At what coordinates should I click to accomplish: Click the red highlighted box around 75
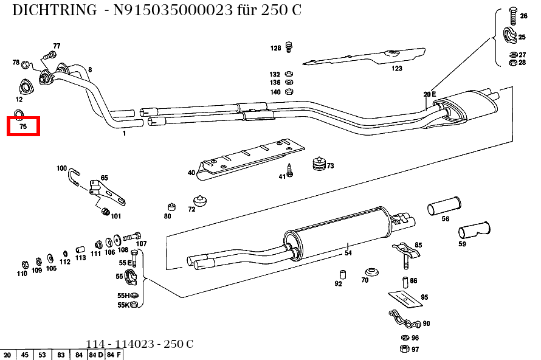23,126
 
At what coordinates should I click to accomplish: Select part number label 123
397,69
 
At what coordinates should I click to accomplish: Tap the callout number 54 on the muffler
348,252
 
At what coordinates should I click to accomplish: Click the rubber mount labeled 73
317,165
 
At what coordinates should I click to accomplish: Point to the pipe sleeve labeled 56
444,206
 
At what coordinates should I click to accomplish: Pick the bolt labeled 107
133,236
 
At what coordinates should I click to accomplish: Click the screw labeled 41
290,170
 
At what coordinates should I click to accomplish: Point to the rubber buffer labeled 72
199,201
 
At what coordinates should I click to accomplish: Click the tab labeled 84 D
96,355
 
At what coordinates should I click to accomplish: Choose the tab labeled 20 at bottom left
8,355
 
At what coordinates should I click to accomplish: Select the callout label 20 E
430,94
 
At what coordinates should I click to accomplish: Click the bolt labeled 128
290,47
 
